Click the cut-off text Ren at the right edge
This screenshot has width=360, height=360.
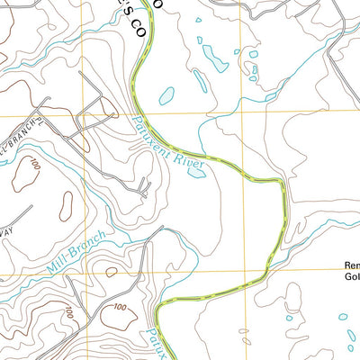[352, 265]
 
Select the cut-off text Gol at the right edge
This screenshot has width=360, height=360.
[352, 278]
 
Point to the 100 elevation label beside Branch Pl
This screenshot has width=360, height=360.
[34, 167]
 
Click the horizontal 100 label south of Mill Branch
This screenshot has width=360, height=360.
[68, 312]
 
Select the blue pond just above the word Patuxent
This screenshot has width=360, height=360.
[166, 94]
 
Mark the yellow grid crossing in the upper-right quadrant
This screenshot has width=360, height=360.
[240, 114]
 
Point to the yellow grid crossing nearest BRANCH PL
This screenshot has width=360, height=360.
[84, 115]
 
